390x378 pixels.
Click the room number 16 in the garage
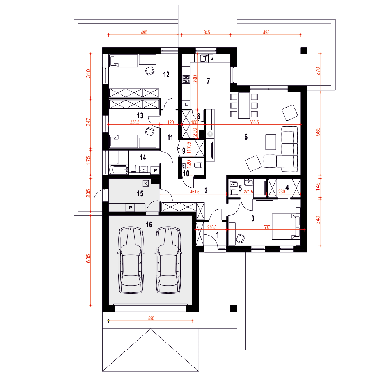pos(149,225)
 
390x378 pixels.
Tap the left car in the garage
pos(131,260)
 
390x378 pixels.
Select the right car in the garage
pos(168,260)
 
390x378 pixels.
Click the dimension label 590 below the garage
pos(151,318)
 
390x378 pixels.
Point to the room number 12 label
pos(167,75)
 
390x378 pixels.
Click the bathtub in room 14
pos(119,170)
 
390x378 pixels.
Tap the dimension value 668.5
pos(254,122)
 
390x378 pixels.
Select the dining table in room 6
pos(244,105)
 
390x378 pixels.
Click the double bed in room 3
pos(286,226)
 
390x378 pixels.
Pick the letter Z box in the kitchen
pos(212,59)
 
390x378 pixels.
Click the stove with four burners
pos(186,79)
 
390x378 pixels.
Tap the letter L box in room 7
pos(186,105)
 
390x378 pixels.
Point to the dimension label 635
pos(88,258)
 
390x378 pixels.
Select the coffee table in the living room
pos(271,142)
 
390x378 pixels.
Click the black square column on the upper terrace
pos(304,50)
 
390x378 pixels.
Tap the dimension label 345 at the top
pos(207,33)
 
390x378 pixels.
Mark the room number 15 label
pos(140,193)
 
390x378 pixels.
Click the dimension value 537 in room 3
pos(267,227)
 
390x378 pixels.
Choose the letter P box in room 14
pos(156,170)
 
